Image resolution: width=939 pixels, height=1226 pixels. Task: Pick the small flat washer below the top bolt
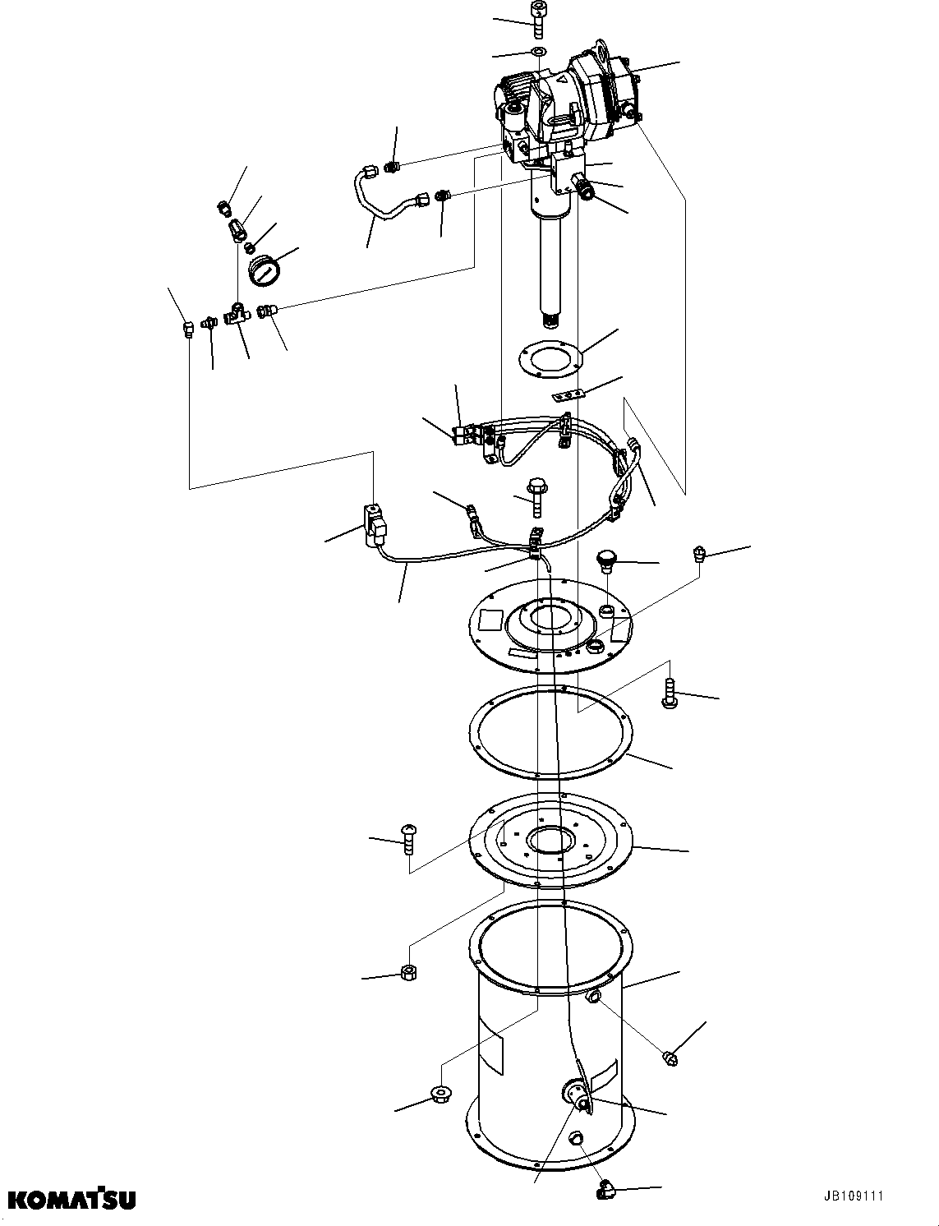538,53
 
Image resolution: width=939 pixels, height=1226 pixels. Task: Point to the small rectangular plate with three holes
567,396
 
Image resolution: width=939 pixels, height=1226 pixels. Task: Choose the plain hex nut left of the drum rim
408,973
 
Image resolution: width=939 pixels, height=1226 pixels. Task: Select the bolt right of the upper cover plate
669,692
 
